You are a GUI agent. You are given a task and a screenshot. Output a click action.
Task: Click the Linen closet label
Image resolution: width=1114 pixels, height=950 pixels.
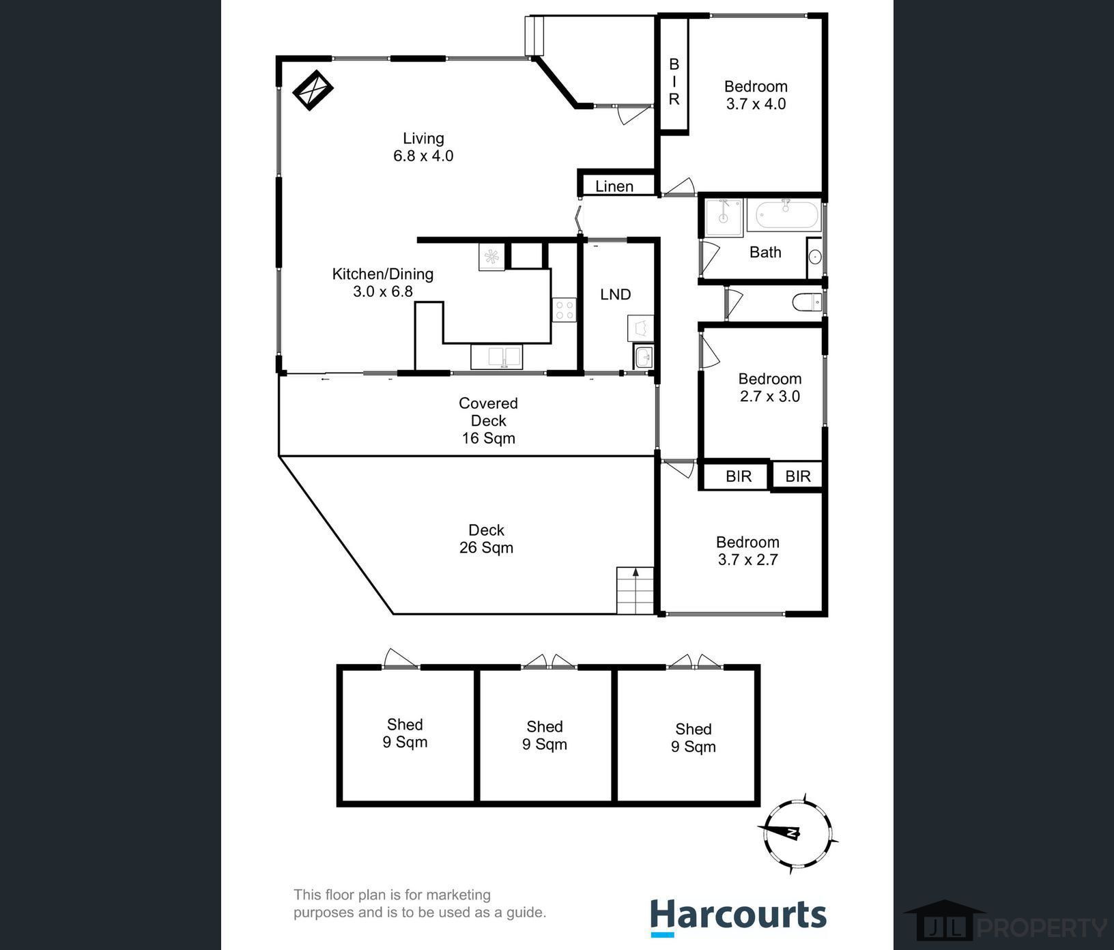tap(614, 186)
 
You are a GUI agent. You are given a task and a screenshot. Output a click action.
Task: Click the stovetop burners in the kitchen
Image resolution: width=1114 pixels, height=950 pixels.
tap(564, 310)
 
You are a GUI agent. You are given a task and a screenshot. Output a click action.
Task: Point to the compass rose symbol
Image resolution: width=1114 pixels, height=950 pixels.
tap(797, 834)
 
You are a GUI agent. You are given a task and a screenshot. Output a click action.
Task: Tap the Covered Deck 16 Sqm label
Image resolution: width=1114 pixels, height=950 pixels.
tap(488, 420)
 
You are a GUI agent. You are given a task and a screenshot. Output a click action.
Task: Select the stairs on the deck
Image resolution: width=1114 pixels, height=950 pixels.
tap(635, 590)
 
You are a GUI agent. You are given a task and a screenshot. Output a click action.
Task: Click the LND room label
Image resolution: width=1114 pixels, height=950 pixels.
tap(615, 294)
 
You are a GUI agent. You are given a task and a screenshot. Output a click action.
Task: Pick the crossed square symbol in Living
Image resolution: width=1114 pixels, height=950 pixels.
tap(313, 89)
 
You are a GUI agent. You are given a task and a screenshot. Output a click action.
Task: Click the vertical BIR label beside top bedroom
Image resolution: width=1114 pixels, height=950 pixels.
tap(674, 81)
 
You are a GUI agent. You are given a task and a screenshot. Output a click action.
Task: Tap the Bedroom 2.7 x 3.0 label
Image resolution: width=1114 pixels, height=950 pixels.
tap(769, 388)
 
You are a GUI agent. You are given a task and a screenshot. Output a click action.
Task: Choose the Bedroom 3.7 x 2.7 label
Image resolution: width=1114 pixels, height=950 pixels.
tap(747, 551)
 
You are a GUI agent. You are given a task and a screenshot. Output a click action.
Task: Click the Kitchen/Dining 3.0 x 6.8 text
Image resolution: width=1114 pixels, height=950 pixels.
tap(382, 283)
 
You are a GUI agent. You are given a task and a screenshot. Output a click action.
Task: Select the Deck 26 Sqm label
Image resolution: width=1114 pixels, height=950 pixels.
tap(486, 538)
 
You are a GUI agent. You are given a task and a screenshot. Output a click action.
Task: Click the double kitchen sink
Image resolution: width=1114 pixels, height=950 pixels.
tap(496, 356)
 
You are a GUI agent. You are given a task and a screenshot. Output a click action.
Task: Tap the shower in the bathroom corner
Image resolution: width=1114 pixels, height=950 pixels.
tap(723, 218)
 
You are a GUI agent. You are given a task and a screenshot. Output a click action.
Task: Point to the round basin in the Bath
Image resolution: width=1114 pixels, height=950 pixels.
tap(814, 257)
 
